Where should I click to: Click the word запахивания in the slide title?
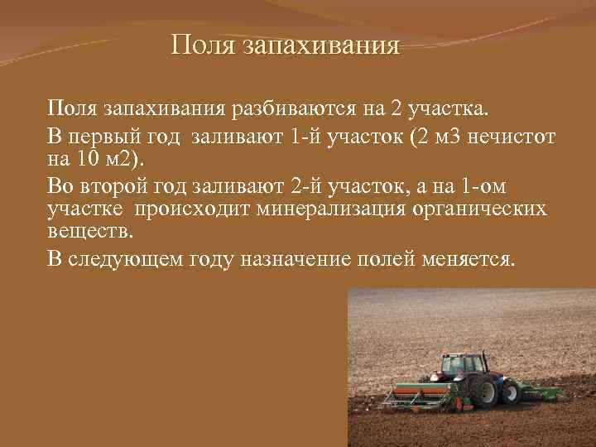323,43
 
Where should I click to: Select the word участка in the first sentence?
452,108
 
